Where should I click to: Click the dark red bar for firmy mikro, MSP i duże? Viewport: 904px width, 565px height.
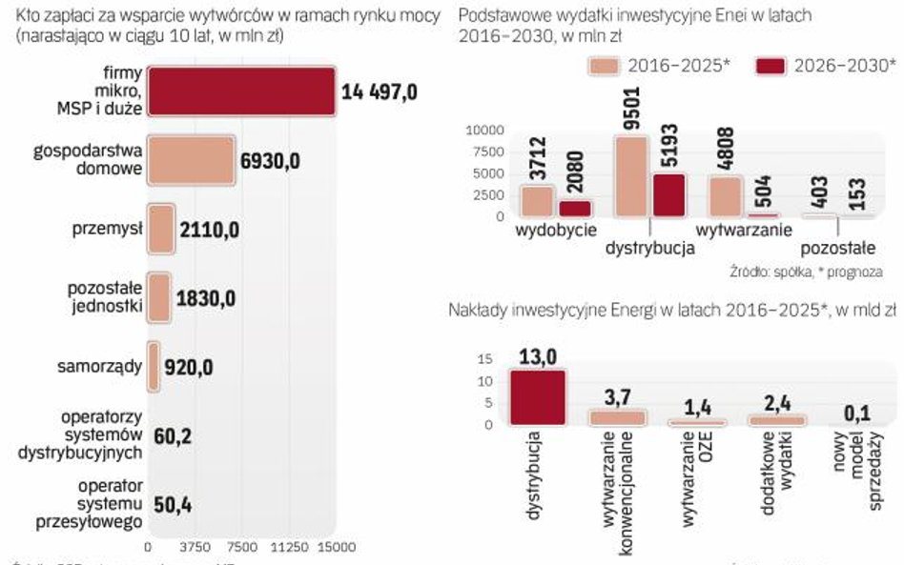pos(242,91)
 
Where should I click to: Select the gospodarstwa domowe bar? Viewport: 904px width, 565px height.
pos(191,160)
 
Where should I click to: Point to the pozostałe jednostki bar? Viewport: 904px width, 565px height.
pos(158,297)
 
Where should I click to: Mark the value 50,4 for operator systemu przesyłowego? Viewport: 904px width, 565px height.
pos(173,504)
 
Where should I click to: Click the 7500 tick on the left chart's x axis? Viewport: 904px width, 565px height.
pos(242,548)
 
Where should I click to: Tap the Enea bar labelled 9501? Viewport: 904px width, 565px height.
pos(631,177)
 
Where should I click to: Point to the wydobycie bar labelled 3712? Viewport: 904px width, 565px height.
pos(538,201)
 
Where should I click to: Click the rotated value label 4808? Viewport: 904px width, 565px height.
pos(726,143)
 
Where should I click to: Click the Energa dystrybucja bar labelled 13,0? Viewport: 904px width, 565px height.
pos(538,397)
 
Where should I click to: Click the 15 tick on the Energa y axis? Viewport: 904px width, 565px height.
pos(484,359)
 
